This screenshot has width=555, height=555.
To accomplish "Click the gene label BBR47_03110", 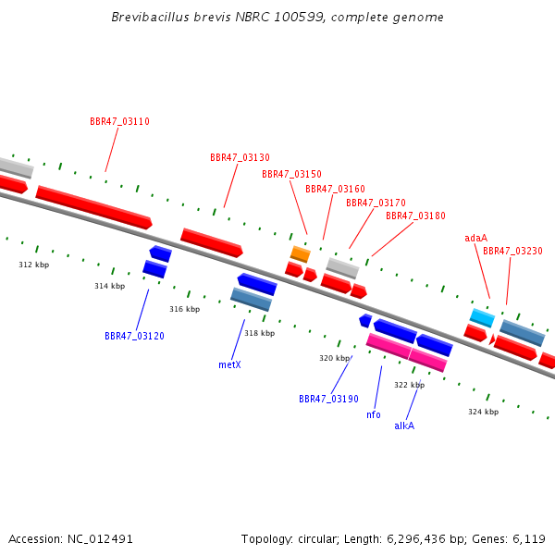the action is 119,121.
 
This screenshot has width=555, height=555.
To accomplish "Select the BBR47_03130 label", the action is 240,157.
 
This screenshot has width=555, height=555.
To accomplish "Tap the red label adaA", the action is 475,238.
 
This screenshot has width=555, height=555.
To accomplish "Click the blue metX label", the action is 229,364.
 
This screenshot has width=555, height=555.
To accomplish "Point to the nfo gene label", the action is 374,414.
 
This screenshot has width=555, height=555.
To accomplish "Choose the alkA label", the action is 404,425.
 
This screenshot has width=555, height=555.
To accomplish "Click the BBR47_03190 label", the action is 328,399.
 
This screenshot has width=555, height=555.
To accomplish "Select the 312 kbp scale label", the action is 34,265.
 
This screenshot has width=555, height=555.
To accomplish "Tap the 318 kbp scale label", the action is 259,333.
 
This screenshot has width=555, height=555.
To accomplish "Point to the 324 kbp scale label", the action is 484,412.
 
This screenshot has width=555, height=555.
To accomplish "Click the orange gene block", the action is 301,254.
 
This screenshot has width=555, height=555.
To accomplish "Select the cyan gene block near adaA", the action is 482,317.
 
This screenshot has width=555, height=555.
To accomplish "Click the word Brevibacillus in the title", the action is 151,17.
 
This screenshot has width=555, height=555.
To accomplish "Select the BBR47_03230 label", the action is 512,251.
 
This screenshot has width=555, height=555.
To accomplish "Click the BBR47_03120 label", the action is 134,336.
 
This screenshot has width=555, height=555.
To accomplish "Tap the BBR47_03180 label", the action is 415,216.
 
